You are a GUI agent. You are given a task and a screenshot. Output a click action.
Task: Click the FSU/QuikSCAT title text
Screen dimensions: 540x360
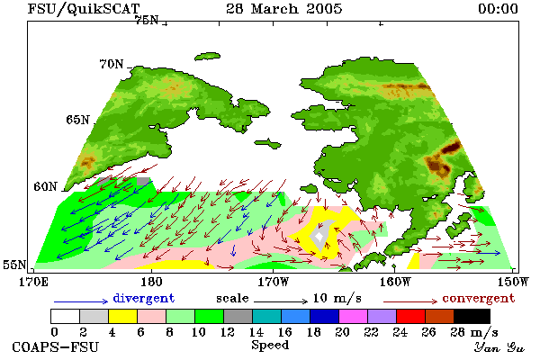click(84, 9)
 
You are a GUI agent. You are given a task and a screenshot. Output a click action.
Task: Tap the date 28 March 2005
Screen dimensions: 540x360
click(284, 9)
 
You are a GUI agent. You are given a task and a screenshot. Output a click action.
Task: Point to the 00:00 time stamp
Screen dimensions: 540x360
click(498, 9)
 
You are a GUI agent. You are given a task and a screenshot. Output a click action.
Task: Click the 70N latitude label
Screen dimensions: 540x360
click(112, 64)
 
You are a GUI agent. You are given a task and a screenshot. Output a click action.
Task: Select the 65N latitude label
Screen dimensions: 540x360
click(77, 120)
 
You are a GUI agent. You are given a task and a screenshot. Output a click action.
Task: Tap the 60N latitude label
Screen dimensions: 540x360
click(45, 186)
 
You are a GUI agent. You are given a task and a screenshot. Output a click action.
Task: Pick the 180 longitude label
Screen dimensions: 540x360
click(151, 282)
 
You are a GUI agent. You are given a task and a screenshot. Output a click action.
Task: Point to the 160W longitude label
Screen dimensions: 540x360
click(396, 282)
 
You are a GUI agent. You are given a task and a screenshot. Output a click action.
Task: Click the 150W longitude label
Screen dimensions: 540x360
click(513, 282)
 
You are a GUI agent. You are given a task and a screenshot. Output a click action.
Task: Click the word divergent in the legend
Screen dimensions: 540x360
click(144, 298)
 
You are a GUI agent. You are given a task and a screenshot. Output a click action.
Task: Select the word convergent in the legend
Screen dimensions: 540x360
click(479, 298)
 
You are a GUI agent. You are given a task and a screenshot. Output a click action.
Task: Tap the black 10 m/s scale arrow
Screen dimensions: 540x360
click(281, 301)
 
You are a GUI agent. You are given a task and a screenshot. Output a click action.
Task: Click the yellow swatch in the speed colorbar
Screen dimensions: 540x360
click(122, 316)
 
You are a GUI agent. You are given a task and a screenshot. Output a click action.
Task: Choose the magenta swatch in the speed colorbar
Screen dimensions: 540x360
click(354, 316)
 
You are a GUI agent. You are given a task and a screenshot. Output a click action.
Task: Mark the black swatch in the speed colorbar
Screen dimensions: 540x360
click(472, 316)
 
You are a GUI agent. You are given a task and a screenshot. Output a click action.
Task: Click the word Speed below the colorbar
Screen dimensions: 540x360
click(270, 346)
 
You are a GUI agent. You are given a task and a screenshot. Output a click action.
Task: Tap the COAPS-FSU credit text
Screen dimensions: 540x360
click(55, 346)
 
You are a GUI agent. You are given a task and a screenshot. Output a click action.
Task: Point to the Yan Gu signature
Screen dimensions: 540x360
click(499, 347)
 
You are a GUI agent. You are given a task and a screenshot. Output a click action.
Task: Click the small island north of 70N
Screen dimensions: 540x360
click(207, 57)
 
